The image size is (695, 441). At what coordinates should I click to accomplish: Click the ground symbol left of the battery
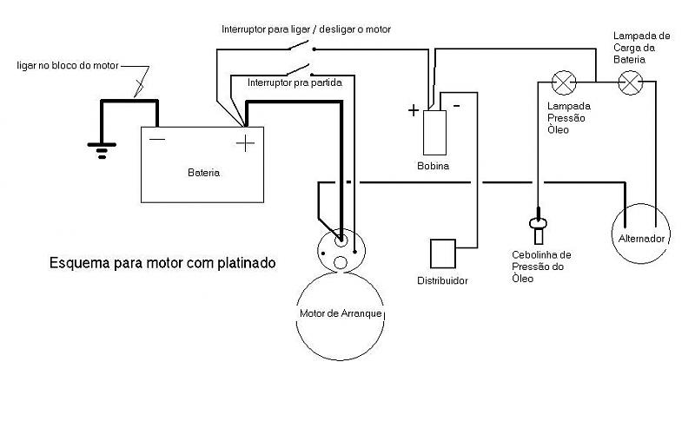coord(102,150)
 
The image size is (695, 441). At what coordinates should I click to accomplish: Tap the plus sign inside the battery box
coord(245,143)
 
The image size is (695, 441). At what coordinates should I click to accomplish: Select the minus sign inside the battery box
coord(157,140)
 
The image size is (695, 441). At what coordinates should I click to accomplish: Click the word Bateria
coord(203,173)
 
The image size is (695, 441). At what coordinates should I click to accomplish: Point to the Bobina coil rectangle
coord(434,133)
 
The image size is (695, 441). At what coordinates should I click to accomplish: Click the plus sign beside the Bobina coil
coord(414,110)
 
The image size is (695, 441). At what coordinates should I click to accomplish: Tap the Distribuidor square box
coord(443,253)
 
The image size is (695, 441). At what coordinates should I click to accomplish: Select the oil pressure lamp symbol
coord(563,82)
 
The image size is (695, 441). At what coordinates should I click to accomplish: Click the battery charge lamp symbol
coord(631,82)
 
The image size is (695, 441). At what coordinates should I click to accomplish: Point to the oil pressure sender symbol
coord(538,226)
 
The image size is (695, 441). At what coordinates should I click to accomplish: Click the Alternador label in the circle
coord(641,239)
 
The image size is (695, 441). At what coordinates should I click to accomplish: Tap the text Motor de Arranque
coord(341,313)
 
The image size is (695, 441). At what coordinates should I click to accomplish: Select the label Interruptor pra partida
coord(295,82)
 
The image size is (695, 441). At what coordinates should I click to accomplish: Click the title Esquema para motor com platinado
coord(162,263)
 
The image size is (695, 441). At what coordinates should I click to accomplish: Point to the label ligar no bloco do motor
coord(68,65)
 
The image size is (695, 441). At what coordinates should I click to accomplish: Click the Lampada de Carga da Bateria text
coord(641,48)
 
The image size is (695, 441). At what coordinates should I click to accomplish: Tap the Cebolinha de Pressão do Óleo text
coord(541,267)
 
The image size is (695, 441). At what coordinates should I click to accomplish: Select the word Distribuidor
coord(442,280)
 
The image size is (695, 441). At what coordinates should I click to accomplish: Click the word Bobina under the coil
coord(433,166)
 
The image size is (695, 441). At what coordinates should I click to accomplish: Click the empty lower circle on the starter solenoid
coord(340,263)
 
